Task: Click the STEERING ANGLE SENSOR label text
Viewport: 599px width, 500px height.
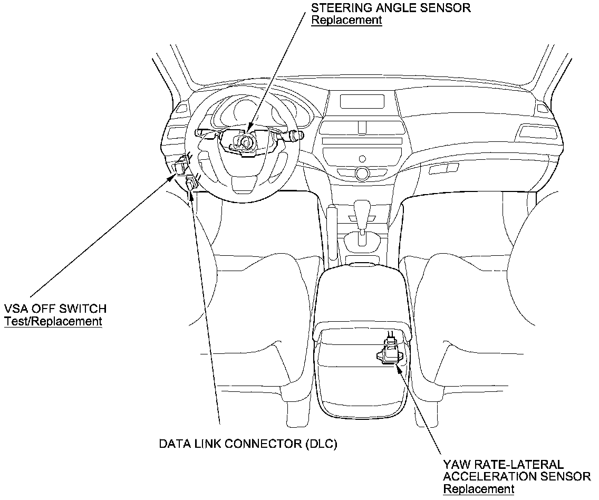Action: pos(391,8)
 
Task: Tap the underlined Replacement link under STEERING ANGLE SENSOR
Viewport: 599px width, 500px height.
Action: pos(346,20)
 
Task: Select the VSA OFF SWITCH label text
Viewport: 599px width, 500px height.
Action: pos(55,309)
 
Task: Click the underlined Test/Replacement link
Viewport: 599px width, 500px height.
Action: pos(53,321)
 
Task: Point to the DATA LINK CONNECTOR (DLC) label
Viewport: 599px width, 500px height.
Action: pos(248,444)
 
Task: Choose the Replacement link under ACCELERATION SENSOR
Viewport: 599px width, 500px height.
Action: pos(478,489)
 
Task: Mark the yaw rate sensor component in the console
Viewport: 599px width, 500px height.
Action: pos(390,352)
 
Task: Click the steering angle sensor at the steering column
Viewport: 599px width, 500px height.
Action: pos(244,142)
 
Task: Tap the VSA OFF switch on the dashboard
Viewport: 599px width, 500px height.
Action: pos(180,165)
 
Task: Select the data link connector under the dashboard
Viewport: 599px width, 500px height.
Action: pos(191,184)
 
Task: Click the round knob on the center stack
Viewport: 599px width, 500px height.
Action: pos(362,172)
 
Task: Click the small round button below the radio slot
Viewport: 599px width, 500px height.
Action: pos(362,158)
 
